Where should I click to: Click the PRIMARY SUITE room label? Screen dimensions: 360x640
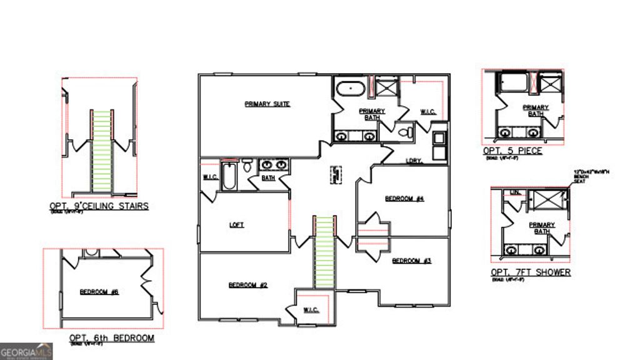coord(267,104)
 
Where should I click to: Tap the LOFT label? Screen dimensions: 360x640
coord(236,225)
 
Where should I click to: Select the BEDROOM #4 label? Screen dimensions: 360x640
coord(404,199)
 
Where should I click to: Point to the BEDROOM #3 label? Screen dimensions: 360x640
coord(411,261)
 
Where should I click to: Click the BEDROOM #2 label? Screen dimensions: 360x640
coord(247,285)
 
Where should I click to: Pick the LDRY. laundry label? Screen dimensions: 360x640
coord(414,161)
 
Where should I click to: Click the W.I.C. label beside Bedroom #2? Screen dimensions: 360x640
coord(311,309)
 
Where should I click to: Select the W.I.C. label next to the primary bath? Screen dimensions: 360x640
coord(427,112)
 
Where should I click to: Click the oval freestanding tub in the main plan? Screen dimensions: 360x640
coord(350,89)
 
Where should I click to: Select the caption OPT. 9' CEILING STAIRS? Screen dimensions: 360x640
coord(99,206)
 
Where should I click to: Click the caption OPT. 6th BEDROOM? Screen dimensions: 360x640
coord(112,338)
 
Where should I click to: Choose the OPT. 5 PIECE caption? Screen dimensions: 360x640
coord(512,151)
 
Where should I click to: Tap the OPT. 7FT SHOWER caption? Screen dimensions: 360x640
coord(530,272)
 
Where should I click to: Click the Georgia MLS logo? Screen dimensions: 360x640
coord(26,351)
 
